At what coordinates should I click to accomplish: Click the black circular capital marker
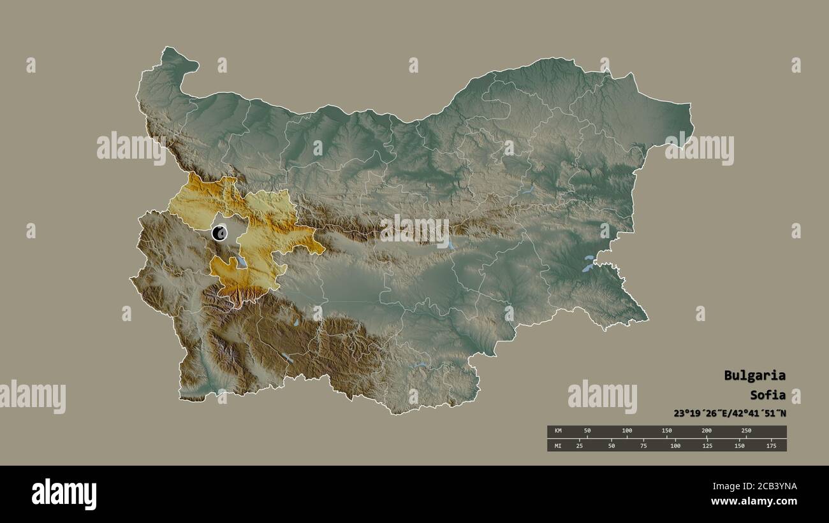coord(219,233)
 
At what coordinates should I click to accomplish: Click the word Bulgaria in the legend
coord(754,375)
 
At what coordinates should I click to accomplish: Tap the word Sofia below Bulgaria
coord(767,394)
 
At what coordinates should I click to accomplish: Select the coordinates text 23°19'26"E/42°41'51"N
coord(730,413)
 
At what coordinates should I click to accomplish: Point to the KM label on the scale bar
coord(558,431)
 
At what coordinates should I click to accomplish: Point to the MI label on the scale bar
coord(558,445)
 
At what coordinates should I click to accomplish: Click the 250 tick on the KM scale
coord(746,431)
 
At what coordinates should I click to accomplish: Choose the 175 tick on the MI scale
coord(770,445)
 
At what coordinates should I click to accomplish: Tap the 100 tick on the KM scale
coord(627,431)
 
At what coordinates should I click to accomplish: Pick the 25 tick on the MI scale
coord(579,445)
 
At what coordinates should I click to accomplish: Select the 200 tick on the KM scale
coord(707,431)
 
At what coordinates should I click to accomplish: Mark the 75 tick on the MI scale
coord(643,445)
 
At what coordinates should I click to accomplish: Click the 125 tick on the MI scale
coord(707,445)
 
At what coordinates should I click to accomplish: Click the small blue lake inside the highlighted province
coord(242,261)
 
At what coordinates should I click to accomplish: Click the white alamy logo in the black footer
coord(64,494)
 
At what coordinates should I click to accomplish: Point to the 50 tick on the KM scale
coord(587,431)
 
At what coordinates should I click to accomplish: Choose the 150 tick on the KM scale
coord(666,431)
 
